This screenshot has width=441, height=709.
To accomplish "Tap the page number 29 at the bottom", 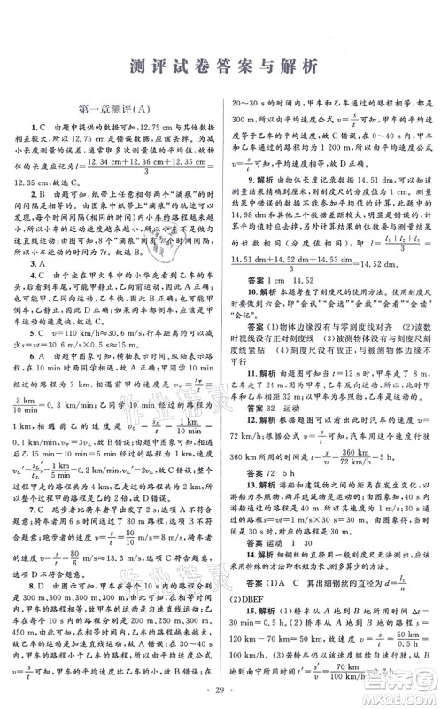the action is [x=220, y=688].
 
